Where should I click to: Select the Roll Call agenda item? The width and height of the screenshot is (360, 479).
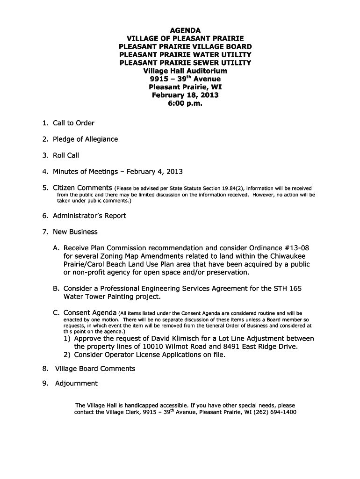(66, 155)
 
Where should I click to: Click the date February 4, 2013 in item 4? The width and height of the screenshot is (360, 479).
(154, 171)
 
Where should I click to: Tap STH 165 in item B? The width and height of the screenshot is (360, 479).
(288, 289)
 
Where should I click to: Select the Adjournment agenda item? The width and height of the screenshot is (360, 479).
(76, 384)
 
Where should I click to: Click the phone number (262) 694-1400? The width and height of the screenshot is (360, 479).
(274, 413)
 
